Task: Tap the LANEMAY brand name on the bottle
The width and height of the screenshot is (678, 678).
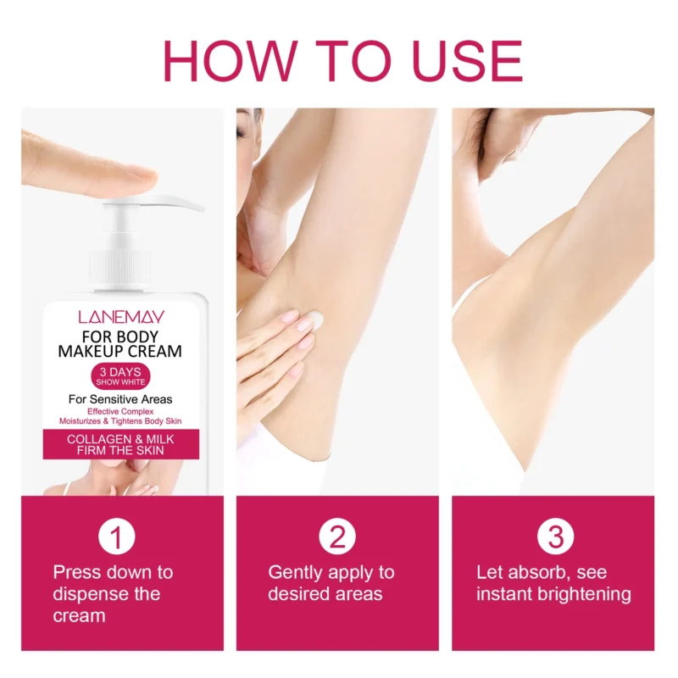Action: point(121,317)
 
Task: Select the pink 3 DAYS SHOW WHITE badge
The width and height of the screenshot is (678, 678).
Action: point(121,376)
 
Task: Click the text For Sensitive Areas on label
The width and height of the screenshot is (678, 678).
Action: point(121,398)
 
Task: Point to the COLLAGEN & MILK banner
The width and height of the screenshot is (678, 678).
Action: point(121,444)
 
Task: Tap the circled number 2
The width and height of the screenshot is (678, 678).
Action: point(336,537)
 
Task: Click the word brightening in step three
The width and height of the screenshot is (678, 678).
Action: point(586,594)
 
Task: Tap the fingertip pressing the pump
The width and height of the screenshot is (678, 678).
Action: point(136,179)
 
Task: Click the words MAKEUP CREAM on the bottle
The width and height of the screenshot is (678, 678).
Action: point(121,350)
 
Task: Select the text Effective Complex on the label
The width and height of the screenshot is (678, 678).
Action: point(121,411)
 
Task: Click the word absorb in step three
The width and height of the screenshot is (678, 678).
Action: point(531,573)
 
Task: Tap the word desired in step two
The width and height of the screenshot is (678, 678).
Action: point(298,594)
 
